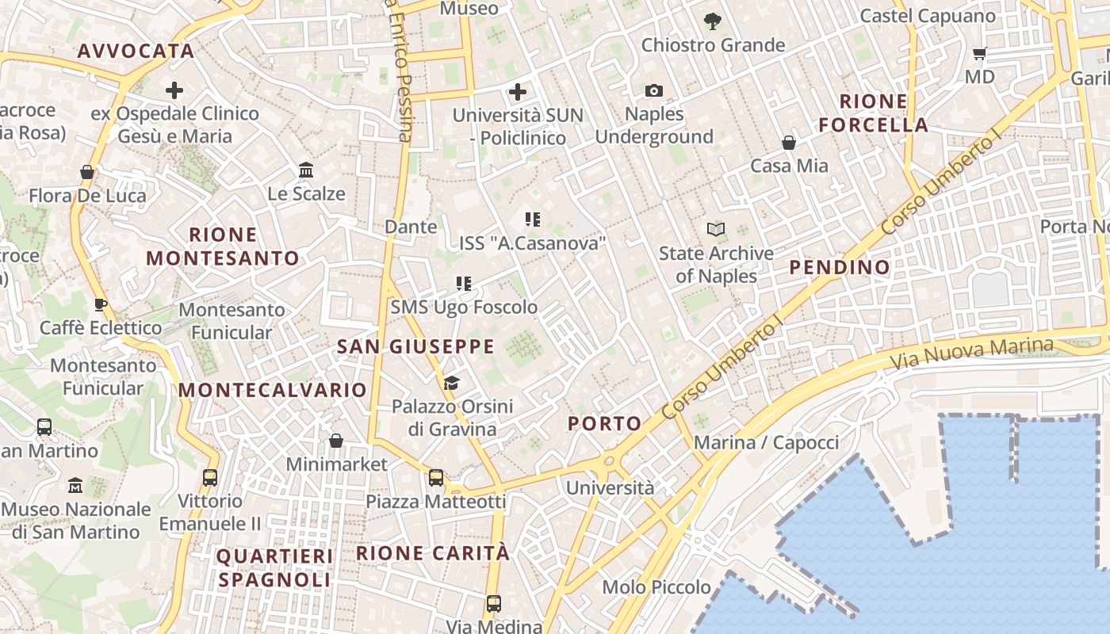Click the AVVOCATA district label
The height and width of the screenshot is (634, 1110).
pyautogui.click(x=136, y=52)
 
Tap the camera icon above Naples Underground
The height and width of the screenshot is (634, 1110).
pyautogui.click(x=654, y=90)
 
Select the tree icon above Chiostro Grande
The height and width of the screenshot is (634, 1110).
pyautogui.click(x=713, y=21)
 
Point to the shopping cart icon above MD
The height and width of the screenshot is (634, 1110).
pyautogui.click(x=980, y=54)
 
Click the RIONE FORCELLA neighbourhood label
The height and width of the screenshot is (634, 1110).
pyautogui.click(x=873, y=113)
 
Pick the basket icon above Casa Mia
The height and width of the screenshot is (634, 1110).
pyautogui.click(x=789, y=143)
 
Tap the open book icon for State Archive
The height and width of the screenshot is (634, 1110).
pyautogui.click(x=716, y=230)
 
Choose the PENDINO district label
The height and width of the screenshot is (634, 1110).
pyautogui.click(x=840, y=268)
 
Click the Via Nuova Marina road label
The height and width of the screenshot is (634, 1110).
pyautogui.click(x=972, y=353)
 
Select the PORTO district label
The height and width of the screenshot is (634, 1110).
pyautogui.click(x=605, y=423)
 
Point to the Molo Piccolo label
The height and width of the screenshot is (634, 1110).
pyautogui.click(x=656, y=587)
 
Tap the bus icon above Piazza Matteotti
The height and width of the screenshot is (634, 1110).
pyautogui.click(x=436, y=478)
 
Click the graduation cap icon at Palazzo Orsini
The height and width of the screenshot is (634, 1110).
pyautogui.click(x=451, y=384)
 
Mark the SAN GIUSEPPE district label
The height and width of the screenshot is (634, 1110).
pyautogui.click(x=415, y=347)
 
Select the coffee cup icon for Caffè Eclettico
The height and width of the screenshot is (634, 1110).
pyautogui.click(x=101, y=304)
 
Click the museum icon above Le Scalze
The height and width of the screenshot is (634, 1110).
pyautogui.click(x=306, y=170)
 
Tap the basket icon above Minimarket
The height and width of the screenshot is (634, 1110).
pyautogui.click(x=336, y=441)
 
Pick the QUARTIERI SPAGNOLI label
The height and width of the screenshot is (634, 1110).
pyautogui.click(x=274, y=568)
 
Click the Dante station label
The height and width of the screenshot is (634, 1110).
pyautogui.click(x=411, y=227)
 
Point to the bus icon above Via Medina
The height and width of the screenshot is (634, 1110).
pyautogui.click(x=494, y=604)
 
